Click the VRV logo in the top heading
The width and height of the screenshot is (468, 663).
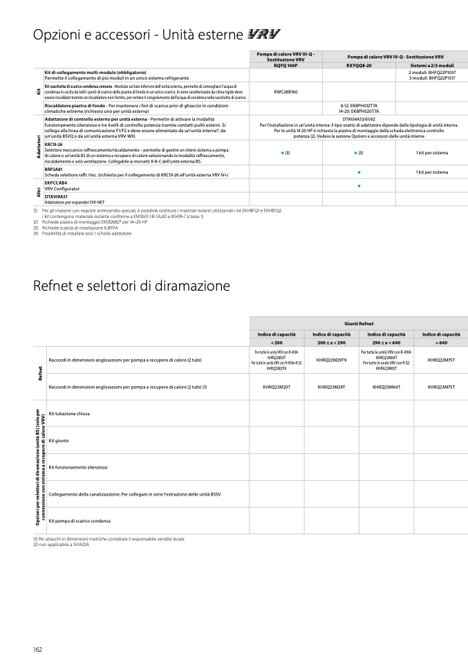click(263, 34)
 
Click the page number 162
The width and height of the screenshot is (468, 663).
click(38, 648)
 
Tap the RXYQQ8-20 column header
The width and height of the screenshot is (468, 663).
click(359, 65)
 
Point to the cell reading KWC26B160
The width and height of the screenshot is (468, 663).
click(286, 91)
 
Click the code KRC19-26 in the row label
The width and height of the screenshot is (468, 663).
click(54, 145)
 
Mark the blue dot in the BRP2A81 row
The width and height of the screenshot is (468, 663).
click(359, 172)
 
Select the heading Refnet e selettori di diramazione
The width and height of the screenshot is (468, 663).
click(131, 285)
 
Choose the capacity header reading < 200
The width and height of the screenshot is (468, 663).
click(277, 343)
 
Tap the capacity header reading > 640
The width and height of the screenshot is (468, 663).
click(441, 343)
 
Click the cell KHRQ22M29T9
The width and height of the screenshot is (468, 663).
click(331, 360)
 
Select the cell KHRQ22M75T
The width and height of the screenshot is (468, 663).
click(441, 360)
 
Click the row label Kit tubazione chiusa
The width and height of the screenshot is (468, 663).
click(69, 413)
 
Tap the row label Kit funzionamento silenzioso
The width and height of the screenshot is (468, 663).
click(78, 467)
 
